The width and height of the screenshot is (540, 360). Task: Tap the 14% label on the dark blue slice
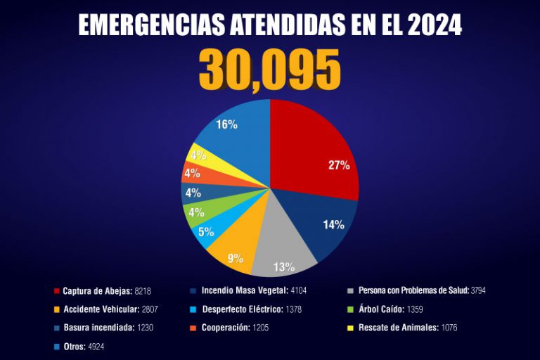pos(333,225)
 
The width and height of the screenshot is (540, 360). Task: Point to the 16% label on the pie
pos(226,124)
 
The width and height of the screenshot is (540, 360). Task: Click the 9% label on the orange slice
pos(236,258)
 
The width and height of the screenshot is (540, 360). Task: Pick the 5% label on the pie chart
pos(206,232)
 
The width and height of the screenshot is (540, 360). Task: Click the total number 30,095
pos(270,70)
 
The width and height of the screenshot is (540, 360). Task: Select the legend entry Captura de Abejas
pos(97,290)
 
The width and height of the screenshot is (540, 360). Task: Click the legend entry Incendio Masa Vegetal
pos(242,290)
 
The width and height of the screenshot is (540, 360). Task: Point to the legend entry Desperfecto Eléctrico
pos(243,309)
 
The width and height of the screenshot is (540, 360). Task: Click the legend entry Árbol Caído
pos(380,309)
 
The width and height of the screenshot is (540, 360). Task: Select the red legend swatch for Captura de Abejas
pos(56,290)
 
